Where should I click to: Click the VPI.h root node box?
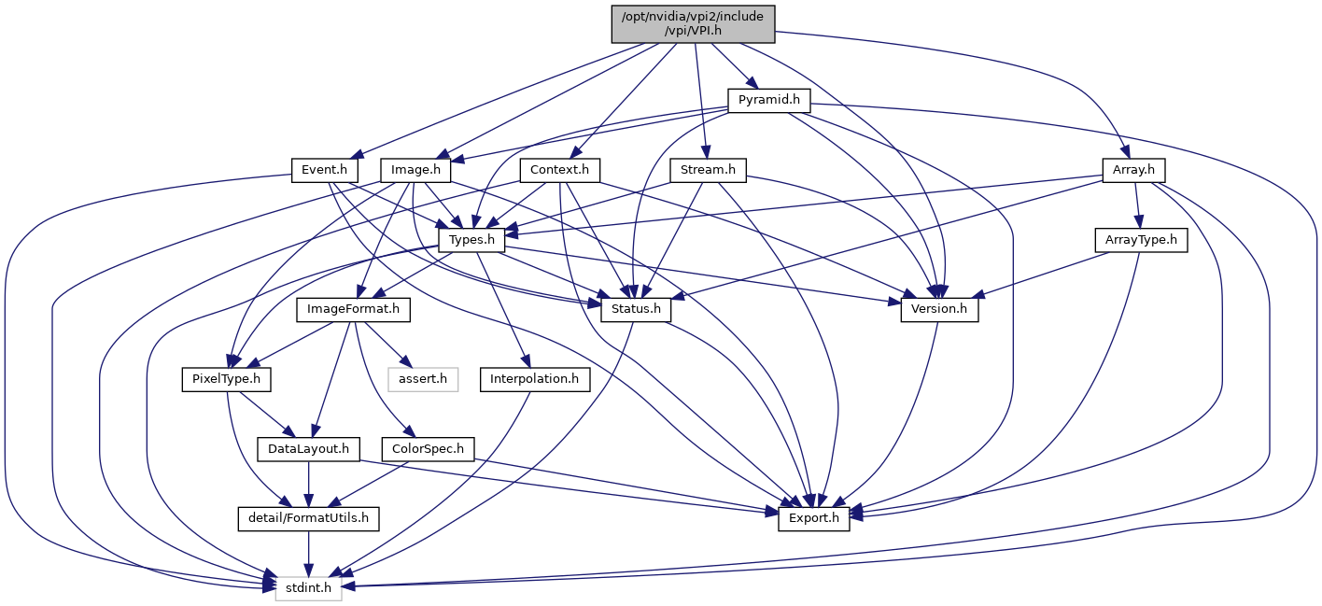pos(694,23)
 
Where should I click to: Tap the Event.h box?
pos(325,171)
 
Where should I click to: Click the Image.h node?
pos(415,171)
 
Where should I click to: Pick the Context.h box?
pos(560,171)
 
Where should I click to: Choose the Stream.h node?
pos(709,171)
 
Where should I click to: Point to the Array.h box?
pos(1134,171)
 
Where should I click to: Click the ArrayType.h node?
pos(1141,240)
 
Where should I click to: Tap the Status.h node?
pos(635,309)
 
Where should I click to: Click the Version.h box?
pos(939,309)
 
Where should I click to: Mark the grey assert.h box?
pos(423,379)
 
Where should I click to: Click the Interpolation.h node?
pos(535,379)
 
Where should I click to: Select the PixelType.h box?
pos(226,379)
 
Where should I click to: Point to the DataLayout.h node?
pos(308,449)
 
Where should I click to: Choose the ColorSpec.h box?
pos(428,449)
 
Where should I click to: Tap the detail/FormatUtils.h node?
pos(308,518)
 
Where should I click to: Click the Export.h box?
pos(814,518)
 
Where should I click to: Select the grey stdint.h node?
pos(308,588)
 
